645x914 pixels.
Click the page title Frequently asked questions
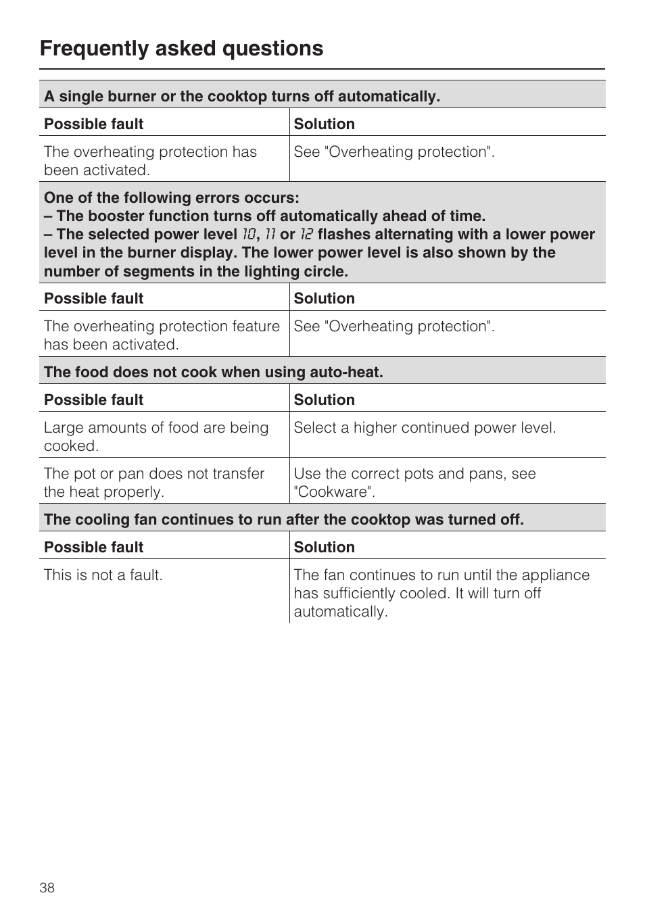click(x=181, y=49)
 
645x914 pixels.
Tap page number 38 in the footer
click(x=47, y=888)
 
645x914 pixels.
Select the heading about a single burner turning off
click(x=242, y=96)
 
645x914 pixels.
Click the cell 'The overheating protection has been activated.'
click(x=150, y=161)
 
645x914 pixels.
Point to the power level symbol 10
click(x=249, y=235)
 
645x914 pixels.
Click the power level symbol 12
click(x=306, y=235)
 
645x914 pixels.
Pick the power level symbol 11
click(x=270, y=235)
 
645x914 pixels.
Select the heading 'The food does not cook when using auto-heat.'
click(x=214, y=372)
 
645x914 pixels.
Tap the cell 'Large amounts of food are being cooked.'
click(x=156, y=437)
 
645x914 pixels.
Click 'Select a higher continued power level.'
click(x=425, y=428)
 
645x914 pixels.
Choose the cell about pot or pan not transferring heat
click(x=154, y=483)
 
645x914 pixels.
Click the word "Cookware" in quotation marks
click(x=334, y=492)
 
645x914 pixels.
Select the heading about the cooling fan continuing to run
click(x=284, y=519)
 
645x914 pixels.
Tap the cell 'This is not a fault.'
click(x=103, y=575)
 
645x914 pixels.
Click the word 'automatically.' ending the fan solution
click(x=341, y=612)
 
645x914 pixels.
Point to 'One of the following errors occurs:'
click(x=172, y=197)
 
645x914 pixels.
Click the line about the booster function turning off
click(x=265, y=216)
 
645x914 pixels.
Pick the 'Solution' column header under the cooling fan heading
click(x=325, y=547)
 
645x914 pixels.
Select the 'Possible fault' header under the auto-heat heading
click(x=94, y=400)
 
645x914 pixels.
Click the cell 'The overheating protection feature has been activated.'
click(x=162, y=335)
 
